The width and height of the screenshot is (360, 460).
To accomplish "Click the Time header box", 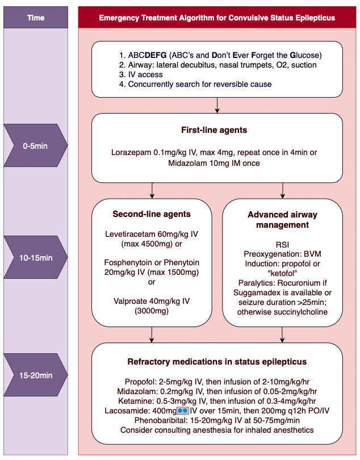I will (x=36, y=18).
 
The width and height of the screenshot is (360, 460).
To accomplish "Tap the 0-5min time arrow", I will (x=36, y=146).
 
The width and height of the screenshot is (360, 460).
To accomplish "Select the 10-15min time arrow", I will (x=36, y=258).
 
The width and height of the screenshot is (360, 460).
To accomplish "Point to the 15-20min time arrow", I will (x=36, y=375).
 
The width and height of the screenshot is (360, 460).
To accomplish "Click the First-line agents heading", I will (x=217, y=130).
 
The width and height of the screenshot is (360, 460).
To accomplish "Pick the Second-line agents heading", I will (x=152, y=214).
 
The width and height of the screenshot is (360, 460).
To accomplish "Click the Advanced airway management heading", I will (x=282, y=220).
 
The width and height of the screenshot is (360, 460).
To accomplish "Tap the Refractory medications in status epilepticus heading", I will (x=217, y=362).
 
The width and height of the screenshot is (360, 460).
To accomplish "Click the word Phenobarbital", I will (x=157, y=420).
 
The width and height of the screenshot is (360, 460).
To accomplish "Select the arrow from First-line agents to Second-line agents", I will (x=152, y=190).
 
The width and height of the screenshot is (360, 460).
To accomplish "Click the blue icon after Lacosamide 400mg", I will (x=182, y=410).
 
